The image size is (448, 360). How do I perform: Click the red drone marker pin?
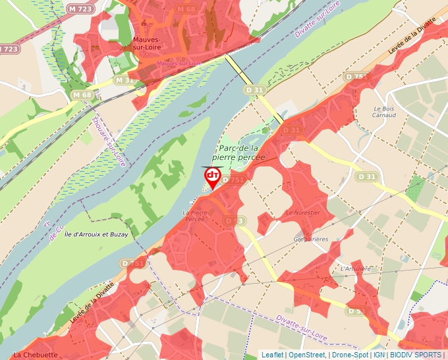tap(213, 176)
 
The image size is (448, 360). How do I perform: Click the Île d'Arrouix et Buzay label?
tap(97, 234)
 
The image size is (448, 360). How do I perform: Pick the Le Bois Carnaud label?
tap(384, 111)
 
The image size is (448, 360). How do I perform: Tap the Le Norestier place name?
tap(303, 213)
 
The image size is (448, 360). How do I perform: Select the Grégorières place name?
tap(311, 239)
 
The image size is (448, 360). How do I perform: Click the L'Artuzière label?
tap(356, 269)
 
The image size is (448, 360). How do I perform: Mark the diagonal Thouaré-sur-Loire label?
tap(108, 141)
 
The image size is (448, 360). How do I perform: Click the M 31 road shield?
tap(123, 80)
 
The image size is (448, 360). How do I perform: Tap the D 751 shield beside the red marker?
tap(234, 180)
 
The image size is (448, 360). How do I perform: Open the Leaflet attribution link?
tap(272, 355)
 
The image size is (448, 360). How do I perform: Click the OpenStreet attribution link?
tap(307, 355)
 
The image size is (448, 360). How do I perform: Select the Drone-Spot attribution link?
tap(350, 355)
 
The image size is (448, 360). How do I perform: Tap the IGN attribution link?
tap(379, 355)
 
